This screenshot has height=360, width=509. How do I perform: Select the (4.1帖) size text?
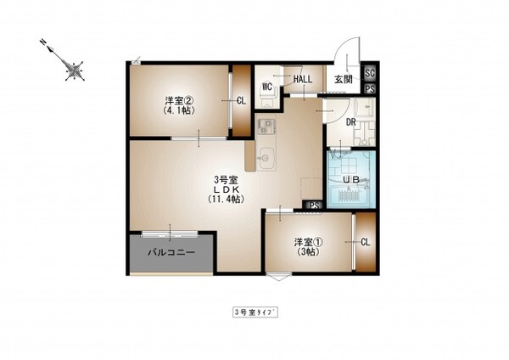coord(179,110)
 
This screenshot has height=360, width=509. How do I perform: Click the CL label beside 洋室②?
coord(241,100)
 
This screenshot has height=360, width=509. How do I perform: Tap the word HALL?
coord(302,80)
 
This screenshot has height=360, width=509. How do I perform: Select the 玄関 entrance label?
coord(343,80)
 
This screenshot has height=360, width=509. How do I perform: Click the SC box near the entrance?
coord(370,73)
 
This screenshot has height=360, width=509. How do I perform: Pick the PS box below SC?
coord(370,87)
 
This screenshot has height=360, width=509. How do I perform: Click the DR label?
coord(351,121)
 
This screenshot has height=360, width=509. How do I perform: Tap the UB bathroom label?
coord(350,180)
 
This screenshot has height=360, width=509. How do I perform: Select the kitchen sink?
coord(265,156)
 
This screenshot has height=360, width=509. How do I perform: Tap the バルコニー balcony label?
coord(171,252)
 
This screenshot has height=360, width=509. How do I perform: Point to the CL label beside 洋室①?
coord(366,242)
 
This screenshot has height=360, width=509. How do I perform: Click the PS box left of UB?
coord(314,205)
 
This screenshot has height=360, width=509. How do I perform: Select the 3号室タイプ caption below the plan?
coord(255,312)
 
